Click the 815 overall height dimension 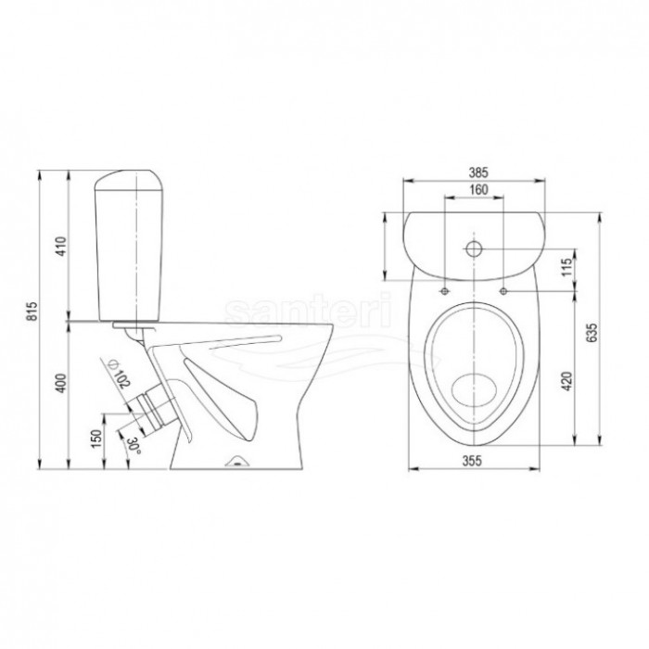coord(32,311)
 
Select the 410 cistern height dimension coord(61,247)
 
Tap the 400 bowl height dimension coord(61,383)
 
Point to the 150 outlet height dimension coord(96,439)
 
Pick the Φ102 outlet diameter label coord(119,374)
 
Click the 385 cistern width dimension coord(478,172)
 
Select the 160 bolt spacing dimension coord(478,189)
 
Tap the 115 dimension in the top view coord(567,266)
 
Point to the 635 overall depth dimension coord(593,332)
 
